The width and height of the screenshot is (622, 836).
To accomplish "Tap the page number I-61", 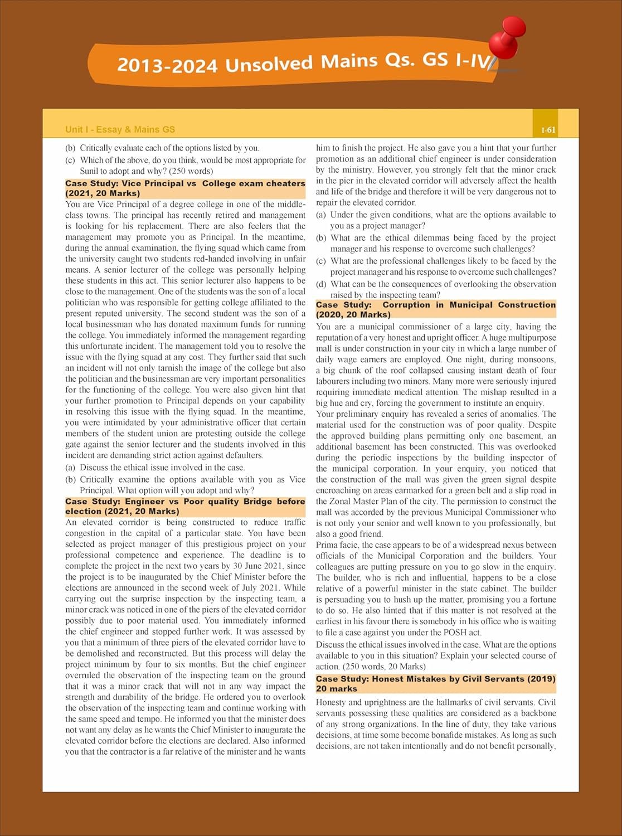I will (548, 130).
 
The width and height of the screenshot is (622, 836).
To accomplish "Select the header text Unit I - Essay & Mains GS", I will (120, 130).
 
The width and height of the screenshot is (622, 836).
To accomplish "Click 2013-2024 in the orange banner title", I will (167, 65).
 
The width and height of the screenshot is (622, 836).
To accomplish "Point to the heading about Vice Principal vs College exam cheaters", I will (185, 188).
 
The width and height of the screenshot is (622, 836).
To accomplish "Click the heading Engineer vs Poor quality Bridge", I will (185, 506).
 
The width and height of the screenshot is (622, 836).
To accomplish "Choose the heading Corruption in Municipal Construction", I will (436, 309).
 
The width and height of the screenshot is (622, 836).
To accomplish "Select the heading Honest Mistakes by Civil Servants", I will (436, 683).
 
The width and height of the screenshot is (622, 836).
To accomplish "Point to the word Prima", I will (328, 545).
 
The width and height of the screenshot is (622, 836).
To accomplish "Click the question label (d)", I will (321, 284).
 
